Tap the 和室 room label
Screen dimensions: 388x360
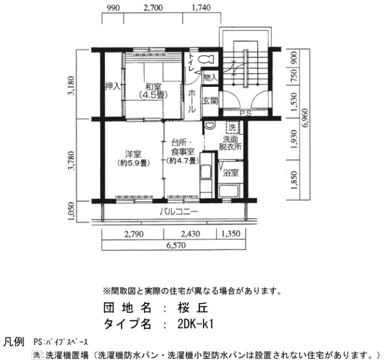pos(153,87)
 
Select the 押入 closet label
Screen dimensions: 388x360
pos(113,86)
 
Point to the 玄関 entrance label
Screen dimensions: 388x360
pos(210,101)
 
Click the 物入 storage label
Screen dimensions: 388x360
pos(210,78)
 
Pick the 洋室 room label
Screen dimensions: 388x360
pos(133,154)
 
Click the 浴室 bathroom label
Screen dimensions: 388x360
pos(231,173)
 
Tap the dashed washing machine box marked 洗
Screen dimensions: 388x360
pos(232,127)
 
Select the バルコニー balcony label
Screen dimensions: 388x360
pos(178,212)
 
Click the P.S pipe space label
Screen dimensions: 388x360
pos(246,113)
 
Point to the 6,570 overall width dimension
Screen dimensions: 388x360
pos(176,245)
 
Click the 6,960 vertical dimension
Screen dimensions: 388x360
pos(305,118)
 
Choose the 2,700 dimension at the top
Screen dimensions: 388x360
pos(153,8)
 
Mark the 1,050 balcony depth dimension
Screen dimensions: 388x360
pos(72,212)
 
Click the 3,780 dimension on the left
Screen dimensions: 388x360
pos(72,161)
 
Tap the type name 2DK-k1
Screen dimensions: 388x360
pos(196,324)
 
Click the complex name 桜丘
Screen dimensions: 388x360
pos(193,307)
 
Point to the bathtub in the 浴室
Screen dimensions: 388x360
pos(228,191)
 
